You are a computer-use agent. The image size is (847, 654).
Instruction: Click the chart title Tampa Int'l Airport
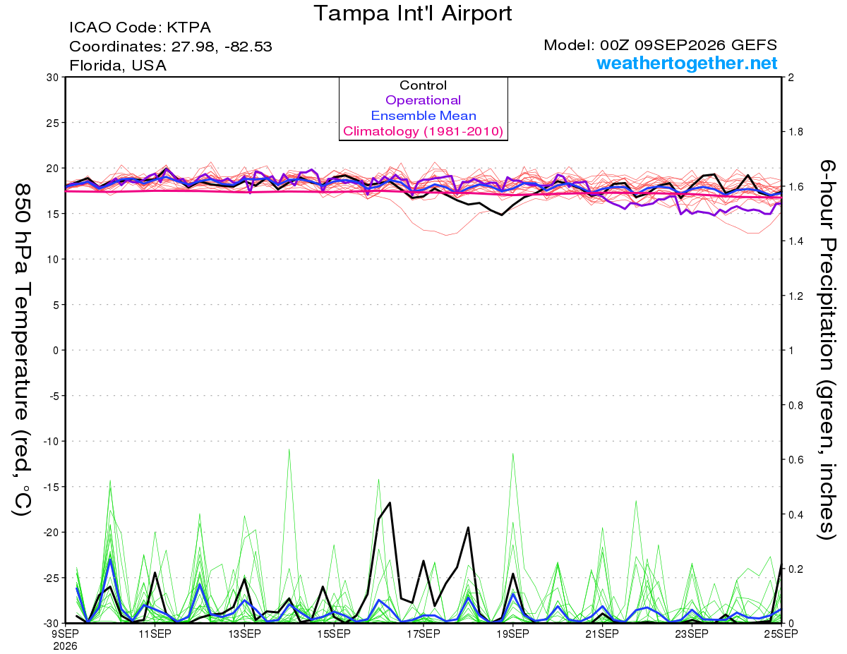[x=412, y=13]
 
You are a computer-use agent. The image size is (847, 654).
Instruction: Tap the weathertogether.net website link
[x=687, y=63]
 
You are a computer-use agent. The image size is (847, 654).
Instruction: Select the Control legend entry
[x=423, y=85]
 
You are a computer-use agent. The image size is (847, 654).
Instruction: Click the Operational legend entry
[x=423, y=100]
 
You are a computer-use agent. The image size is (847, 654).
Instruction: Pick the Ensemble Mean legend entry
[x=423, y=116]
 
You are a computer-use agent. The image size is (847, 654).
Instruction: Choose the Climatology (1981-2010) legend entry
[x=423, y=131]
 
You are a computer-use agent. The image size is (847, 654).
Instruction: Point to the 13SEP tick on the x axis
[x=244, y=634]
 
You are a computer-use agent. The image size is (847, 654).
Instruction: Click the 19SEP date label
[x=512, y=634]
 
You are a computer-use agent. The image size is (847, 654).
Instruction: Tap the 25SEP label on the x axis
[x=781, y=634]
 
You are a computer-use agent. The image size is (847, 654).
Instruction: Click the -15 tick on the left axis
[x=51, y=487]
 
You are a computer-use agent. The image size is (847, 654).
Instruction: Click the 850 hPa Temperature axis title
[x=22, y=350]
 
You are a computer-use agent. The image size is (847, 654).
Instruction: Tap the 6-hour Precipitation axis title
[x=827, y=349]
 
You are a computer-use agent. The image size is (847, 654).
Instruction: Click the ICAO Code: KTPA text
[x=140, y=28]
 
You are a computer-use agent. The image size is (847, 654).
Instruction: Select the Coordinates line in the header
[x=170, y=47]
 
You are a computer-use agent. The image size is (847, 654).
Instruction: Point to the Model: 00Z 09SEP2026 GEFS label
[x=660, y=45]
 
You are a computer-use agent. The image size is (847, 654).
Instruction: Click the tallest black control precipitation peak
[x=390, y=503]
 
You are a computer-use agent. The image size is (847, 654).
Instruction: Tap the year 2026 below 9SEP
[x=65, y=647]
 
